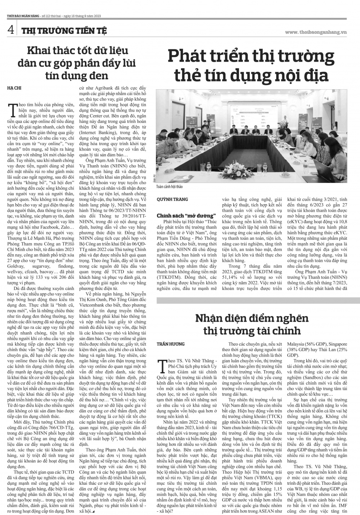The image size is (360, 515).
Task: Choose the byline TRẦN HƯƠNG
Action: [x=171, y=344]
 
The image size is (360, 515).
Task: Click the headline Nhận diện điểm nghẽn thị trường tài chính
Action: [x=252, y=324]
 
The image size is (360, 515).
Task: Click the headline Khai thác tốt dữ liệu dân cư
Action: [x=78, y=63]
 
